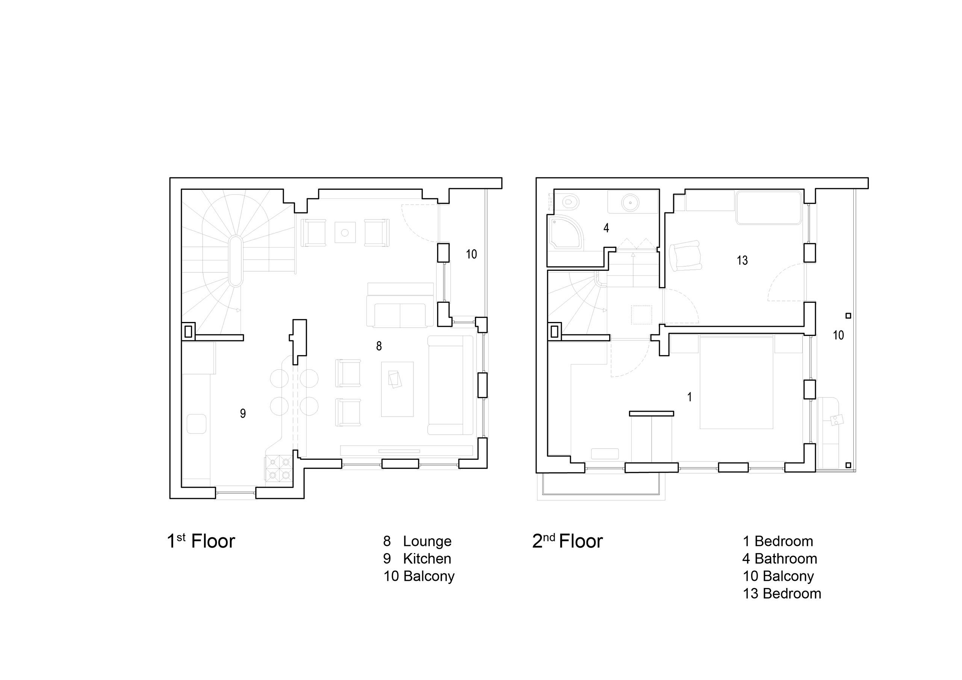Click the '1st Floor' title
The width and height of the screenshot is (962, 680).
(201, 541)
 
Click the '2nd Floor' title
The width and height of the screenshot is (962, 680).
(567, 541)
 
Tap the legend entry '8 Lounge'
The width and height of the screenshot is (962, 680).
(417, 541)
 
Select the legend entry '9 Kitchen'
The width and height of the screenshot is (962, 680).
(417, 559)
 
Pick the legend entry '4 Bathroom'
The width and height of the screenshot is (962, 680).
(780, 559)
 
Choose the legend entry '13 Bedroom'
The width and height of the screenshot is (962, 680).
(782, 593)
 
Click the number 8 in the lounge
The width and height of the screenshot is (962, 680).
(379, 346)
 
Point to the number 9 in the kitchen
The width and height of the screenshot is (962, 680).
(243, 414)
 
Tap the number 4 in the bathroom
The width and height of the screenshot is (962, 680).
(606, 228)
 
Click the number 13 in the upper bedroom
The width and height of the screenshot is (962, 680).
(742, 261)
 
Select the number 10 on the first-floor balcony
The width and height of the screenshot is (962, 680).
(471, 254)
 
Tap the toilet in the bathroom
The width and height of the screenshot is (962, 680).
(569, 202)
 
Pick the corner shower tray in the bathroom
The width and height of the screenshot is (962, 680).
(564, 233)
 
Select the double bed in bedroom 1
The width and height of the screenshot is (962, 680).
(736, 382)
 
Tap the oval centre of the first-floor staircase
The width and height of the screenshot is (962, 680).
(236, 261)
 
